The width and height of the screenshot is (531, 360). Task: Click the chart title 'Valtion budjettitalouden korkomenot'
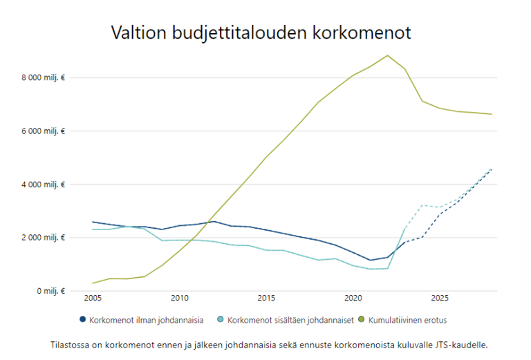pyautogui.click(x=261, y=32)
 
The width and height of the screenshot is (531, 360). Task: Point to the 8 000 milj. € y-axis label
pyautogui.click(x=44, y=78)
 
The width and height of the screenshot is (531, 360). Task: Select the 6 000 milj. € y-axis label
pyautogui.click(x=44, y=131)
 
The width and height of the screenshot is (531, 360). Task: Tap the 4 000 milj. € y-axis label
pyautogui.click(x=44, y=184)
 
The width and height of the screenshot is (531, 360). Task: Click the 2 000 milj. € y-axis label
pyautogui.click(x=44, y=238)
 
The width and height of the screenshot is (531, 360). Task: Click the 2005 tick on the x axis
pyautogui.click(x=93, y=299)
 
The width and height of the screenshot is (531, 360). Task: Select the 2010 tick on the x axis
pyautogui.click(x=179, y=299)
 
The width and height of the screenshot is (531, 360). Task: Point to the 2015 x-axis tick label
pyautogui.click(x=266, y=299)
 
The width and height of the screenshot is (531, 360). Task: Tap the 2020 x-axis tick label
pyautogui.click(x=353, y=299)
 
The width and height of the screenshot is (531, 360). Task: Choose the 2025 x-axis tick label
pyautogui.click(x=439, y=299)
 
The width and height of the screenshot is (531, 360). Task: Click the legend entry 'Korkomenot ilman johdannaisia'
pyautogui.click(x=146, y=320)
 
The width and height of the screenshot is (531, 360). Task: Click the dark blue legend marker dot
pyautogui.click(x=83, y=320)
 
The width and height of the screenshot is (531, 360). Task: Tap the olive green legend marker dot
pyautogui.click(x=362, y=320)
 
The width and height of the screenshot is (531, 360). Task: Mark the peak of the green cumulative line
pyautogui.click(x=388, y=55)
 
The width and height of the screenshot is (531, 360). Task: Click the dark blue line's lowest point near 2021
pyautogui.click(x=371, y=260)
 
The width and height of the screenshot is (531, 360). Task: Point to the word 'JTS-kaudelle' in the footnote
pyautogui.click(x=471, y=344)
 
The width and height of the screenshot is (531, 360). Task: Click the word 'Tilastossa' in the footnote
pyautogui.click(x=71, y=344)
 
